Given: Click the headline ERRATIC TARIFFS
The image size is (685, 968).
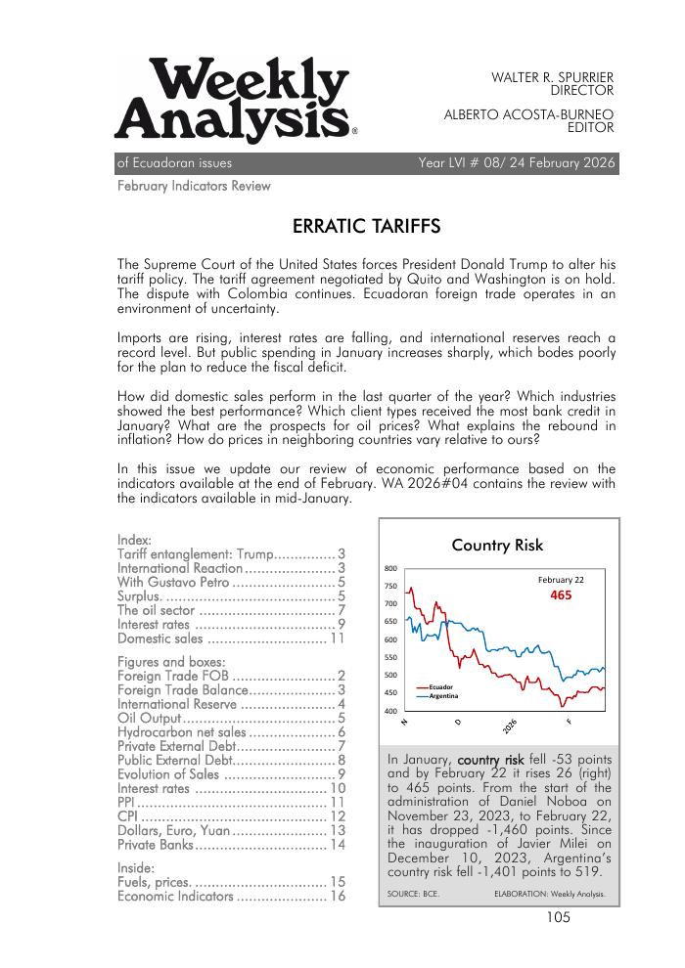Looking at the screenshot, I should coord(366,228).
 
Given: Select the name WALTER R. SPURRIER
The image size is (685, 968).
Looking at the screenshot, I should coord(552,76).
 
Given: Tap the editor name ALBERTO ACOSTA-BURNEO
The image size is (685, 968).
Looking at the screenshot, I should coord(528,113).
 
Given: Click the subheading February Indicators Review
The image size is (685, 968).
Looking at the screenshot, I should coord(194,186).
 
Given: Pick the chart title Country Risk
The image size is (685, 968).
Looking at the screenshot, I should coord(497,546).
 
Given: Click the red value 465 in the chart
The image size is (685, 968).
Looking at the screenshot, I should coord(561,595).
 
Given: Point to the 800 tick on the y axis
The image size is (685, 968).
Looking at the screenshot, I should coord(389,568).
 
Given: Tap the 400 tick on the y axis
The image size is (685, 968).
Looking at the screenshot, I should coord(389,711).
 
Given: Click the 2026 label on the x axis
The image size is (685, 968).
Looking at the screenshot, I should coord(510,726).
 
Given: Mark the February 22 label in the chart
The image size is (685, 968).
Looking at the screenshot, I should coord(561,580).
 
